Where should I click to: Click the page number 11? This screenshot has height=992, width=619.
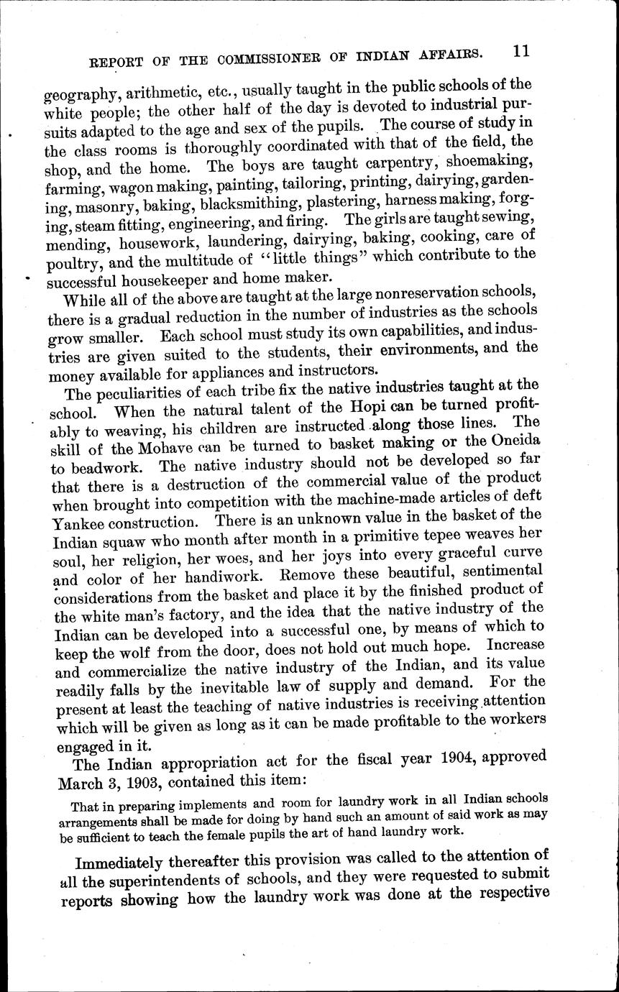click(x=521, y=52)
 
